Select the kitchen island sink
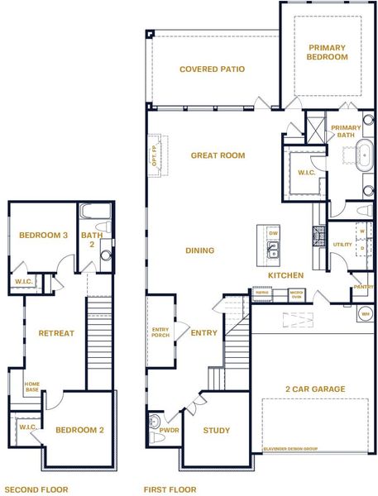(x=274, y=250)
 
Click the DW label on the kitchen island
(x=274, y=233)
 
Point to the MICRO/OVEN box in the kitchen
(x=296, y=293)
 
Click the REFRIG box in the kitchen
(x=262, y=292)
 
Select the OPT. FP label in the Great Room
(x=155, y=155)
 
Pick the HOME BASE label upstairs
(x=31, y=386)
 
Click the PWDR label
(x=169, y=432)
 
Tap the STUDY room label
(x=217, y=431)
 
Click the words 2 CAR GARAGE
(x=315, y=389)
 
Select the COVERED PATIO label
(x=212, y=69)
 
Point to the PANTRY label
(x=362, y=286)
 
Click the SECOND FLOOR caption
(x=36, y=489)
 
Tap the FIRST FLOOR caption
(x=170, y=489)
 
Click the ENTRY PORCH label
(x=160, y=333)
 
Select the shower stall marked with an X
(x=315, y=129)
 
